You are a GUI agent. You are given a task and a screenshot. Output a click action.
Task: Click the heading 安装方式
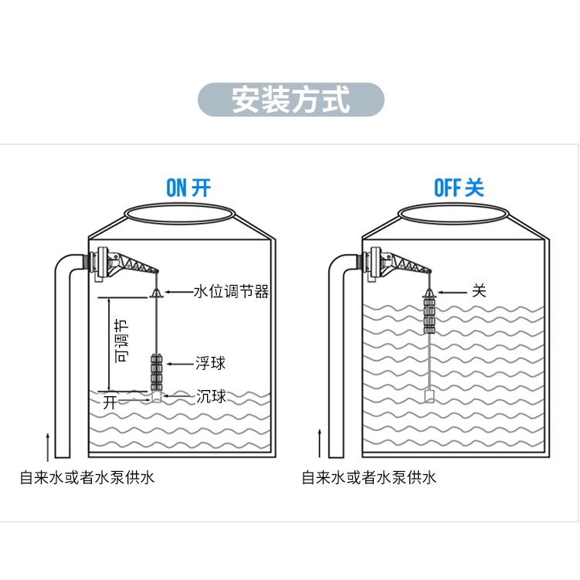point(290,100)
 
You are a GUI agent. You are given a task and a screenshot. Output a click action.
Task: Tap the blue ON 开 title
point(188,188)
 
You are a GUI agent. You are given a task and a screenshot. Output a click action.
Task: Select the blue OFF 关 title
point(459,188)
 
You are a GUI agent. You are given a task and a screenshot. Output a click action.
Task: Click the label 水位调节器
point(230,292)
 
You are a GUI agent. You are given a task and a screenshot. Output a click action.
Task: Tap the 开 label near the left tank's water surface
point(110,402)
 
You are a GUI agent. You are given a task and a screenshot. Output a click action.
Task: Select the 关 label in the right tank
point(480,292)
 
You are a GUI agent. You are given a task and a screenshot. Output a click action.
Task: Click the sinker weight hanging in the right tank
point(429,397)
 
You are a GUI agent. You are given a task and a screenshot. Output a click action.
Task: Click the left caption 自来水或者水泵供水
point(87,477)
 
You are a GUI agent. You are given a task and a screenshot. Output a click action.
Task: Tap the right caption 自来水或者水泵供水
point(369,477)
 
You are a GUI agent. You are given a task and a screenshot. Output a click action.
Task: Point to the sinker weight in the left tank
point(157,396)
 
